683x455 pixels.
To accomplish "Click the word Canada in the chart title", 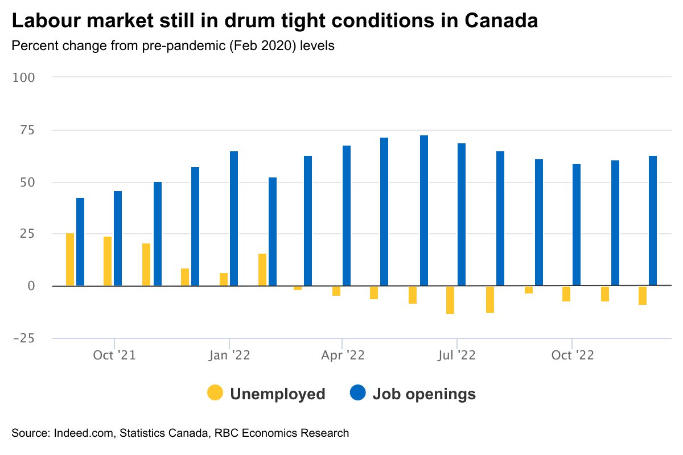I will tap(501, 21).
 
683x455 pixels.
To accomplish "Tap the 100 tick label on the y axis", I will tap(24, 77).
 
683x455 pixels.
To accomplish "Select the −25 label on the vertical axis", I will tap(24, 338).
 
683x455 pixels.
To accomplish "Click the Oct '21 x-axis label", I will tap(114, 355).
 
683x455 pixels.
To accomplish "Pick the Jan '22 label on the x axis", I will tap(229, 355).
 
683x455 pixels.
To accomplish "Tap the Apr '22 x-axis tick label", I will tap(343, 355).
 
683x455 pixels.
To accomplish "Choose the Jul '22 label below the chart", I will tap(457, 355).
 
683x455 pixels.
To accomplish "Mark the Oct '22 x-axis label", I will tap(572, 355).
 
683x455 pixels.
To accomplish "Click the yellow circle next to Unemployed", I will tap(215, 393).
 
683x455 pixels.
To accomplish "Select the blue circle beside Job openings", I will tap(357, 393).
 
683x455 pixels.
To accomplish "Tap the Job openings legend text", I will tap(423, 394).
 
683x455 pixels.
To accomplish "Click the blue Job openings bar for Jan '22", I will tap(234, 218).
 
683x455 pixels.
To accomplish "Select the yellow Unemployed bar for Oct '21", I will tap(108, 261).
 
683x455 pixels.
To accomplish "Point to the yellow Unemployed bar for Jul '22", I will tap(450, 300).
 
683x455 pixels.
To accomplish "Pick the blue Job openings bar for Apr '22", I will tap(347, 216).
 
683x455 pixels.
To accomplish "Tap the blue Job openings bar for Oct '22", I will tap(577, 225).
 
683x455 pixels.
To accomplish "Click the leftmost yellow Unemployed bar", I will tap(70, 259).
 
